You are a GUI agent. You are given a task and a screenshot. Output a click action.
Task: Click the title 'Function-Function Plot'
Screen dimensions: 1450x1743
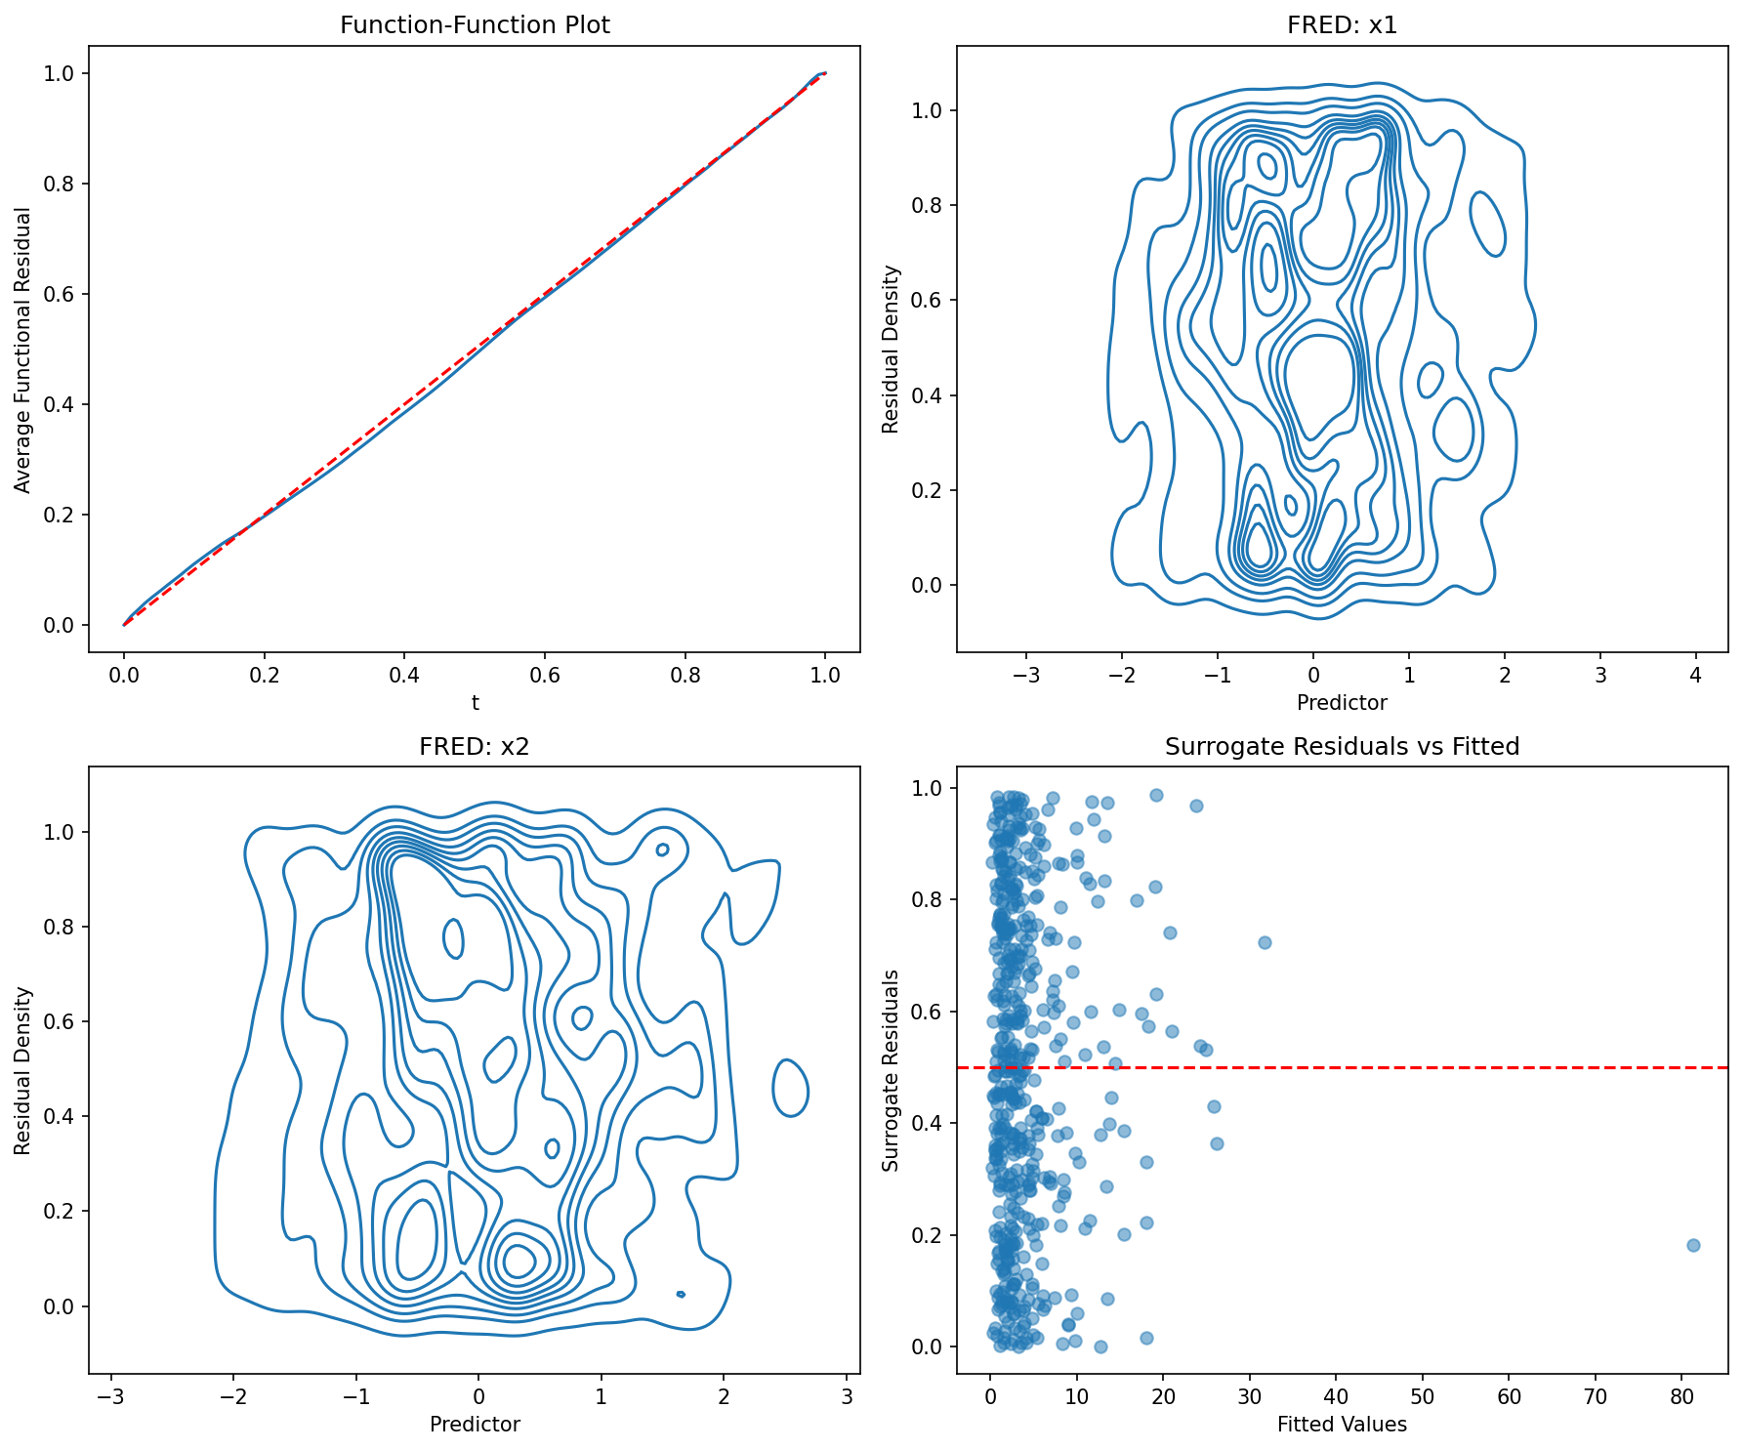click(x=475, y=25)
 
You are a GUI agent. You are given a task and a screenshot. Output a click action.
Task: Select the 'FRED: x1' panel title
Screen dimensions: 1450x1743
click(x=1342, y=25)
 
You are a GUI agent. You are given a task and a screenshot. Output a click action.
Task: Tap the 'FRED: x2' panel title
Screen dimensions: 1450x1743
click(x=475, y=747)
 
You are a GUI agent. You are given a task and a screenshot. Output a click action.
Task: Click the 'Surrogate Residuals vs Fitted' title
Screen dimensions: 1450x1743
click(x=1342, y=747)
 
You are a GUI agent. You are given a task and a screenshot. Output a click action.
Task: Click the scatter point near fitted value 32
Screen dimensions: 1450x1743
click(x=1265, y=942)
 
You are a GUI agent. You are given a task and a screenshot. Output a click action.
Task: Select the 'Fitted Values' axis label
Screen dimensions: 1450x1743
click(x=1342, y=1425)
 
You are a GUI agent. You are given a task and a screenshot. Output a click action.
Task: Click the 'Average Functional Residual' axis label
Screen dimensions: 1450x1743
click(x=23, y=349)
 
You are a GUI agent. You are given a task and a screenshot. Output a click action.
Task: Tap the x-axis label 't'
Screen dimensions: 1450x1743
click(x=475, y=702)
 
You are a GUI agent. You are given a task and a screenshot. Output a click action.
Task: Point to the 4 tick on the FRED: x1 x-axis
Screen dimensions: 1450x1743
click(x=1695, y=676)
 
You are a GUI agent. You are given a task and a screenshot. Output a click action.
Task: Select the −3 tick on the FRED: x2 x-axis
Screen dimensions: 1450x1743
click(x=111, y=1397)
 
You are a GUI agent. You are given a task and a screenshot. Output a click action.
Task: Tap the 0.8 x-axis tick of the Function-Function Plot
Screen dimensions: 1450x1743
click(x=685, y=676)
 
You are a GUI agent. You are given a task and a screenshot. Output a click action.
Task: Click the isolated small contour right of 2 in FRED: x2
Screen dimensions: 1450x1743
click(x=790, y=1088)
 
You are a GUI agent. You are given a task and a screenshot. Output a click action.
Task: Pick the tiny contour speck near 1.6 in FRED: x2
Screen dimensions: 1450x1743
click(x=681, y=1294)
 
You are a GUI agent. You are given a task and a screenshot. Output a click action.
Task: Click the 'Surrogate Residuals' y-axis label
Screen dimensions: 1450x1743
click(x=891, y=1070)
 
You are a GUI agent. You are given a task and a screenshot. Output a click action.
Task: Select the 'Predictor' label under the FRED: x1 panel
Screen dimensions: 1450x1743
click(x=1342, y=702)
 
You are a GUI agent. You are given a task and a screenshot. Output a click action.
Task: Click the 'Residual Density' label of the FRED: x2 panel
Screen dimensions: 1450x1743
click(x=23, y=1070)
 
